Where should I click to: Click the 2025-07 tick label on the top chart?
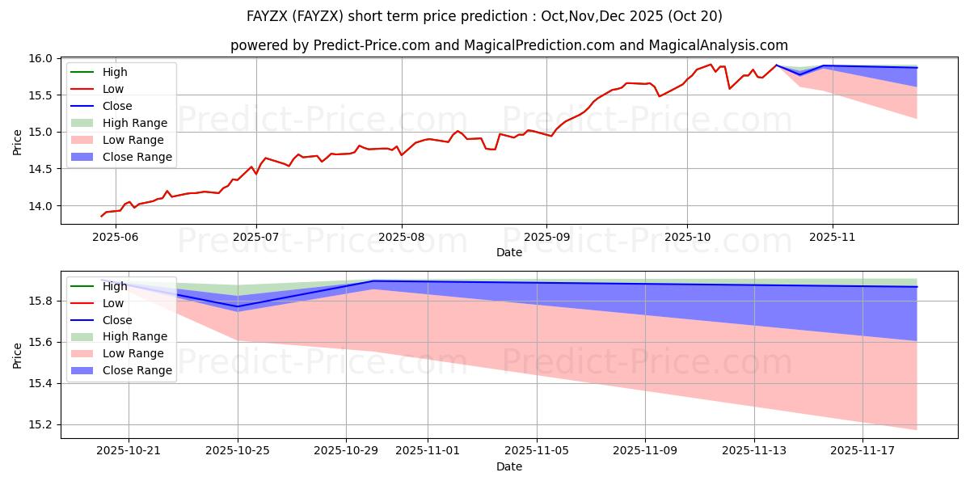pyautogui.click(x=256, y=237)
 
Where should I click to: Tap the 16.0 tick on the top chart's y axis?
pyautogui.click(x=43, y=58)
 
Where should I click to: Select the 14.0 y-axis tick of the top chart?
pyautogui.click(x=43, y=206)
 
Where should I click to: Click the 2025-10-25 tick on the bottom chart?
pyautogui.click(x=238, y=450)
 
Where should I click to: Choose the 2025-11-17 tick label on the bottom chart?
pyautogui.click(x=862, y=450)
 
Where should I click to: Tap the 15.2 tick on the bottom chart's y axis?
pyautogui.click(x=43, y=424)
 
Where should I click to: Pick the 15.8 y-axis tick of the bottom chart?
pyautogui.click(x=43, y=301)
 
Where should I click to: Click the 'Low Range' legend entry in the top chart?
pyautogui.click(x=133, y=140)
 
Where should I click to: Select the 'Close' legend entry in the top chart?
pyautogui.click(x=117, y=106)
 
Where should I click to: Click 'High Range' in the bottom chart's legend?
pyautogui.click(x=134, y=336)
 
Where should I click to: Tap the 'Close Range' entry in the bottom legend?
pyautogui.click(x=137, y=370)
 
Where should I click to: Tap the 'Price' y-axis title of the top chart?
pyautogui.click(x=18, y=141)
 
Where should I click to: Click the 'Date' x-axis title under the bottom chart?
pyautogui.click(x=509, y=466)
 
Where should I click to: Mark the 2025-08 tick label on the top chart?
pyautogui.click(x=401, y=237)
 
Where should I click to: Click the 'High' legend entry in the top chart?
pyautogui.click(x=116, y=72)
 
